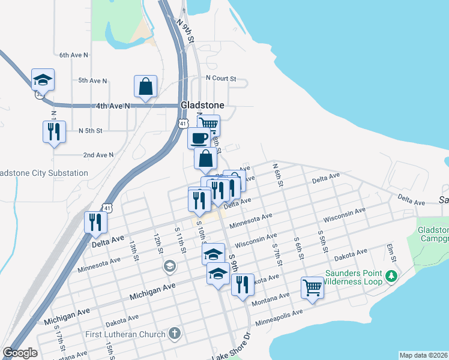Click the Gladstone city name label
click(202, 105)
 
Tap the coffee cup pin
click(199, 138)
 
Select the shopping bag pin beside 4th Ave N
click(146, 86)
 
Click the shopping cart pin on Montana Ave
click(312, 288)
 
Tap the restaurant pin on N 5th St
click(54, 131)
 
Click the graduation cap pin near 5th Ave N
click(43, 79)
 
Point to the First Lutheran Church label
click(127, 334)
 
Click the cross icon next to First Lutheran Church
click(174, 334)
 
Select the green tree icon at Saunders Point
click(391, 276)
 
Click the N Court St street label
click(221, 78)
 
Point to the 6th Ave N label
click(74, 55)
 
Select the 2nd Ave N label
click(98, 155)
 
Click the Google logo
click(20, 353)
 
